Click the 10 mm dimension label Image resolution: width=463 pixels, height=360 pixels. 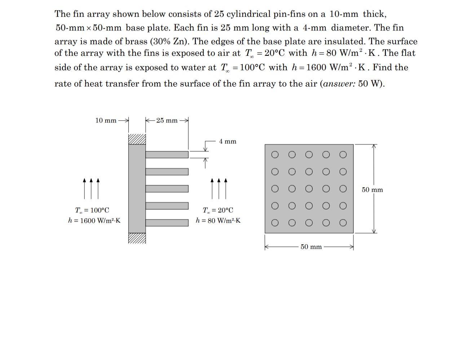[106, 120]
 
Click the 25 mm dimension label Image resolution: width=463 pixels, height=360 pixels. [167, 120]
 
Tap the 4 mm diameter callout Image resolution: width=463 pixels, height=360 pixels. [228, 142]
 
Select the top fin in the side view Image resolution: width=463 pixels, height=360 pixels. [167, 155]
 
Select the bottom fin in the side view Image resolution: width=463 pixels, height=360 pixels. [167, 223]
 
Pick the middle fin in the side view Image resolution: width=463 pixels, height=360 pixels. [167, 189]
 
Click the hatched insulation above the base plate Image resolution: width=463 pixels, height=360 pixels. [137, 139]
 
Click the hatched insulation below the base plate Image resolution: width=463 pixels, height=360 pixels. [137, 238]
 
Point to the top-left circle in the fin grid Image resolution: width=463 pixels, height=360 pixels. [275, 155]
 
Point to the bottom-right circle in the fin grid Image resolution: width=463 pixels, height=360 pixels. [343, 223]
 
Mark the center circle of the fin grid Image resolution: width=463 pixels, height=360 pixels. [309, 189]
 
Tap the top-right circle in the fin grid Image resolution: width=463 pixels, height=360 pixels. [343, 155]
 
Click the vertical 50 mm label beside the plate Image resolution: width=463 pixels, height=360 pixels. [372, 190]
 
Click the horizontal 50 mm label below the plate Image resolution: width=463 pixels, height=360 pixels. [311, 247]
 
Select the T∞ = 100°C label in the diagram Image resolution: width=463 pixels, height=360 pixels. [92, 210]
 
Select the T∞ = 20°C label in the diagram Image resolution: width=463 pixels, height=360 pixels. [218, 210]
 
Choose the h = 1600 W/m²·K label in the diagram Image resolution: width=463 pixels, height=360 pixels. [94, 221]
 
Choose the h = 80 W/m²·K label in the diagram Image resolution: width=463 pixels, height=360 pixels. [218, 221]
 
